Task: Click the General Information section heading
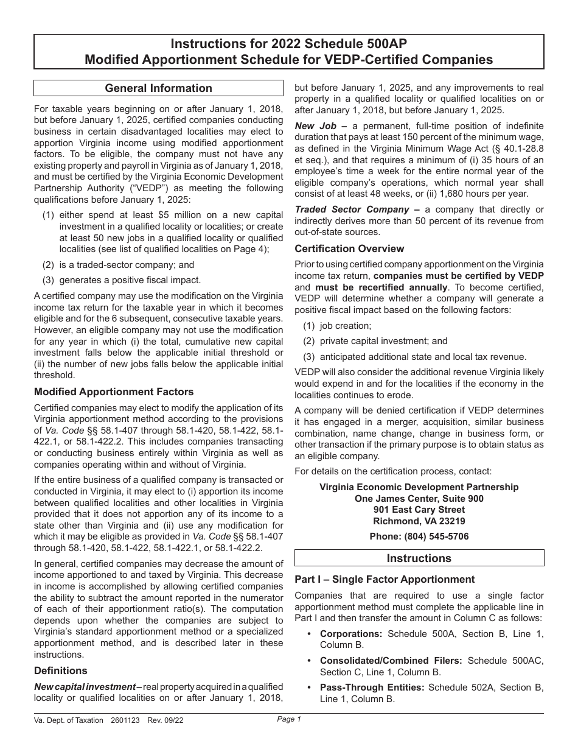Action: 158,88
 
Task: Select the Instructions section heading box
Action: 419,558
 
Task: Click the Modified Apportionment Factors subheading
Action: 114,392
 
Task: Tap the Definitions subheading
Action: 61,670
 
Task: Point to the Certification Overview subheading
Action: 349,248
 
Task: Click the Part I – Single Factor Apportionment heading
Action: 385,579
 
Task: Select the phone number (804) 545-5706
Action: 419,536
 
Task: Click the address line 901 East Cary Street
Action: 419,510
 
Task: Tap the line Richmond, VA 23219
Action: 419,521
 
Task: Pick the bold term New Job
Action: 313,125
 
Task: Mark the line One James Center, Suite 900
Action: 419,498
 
